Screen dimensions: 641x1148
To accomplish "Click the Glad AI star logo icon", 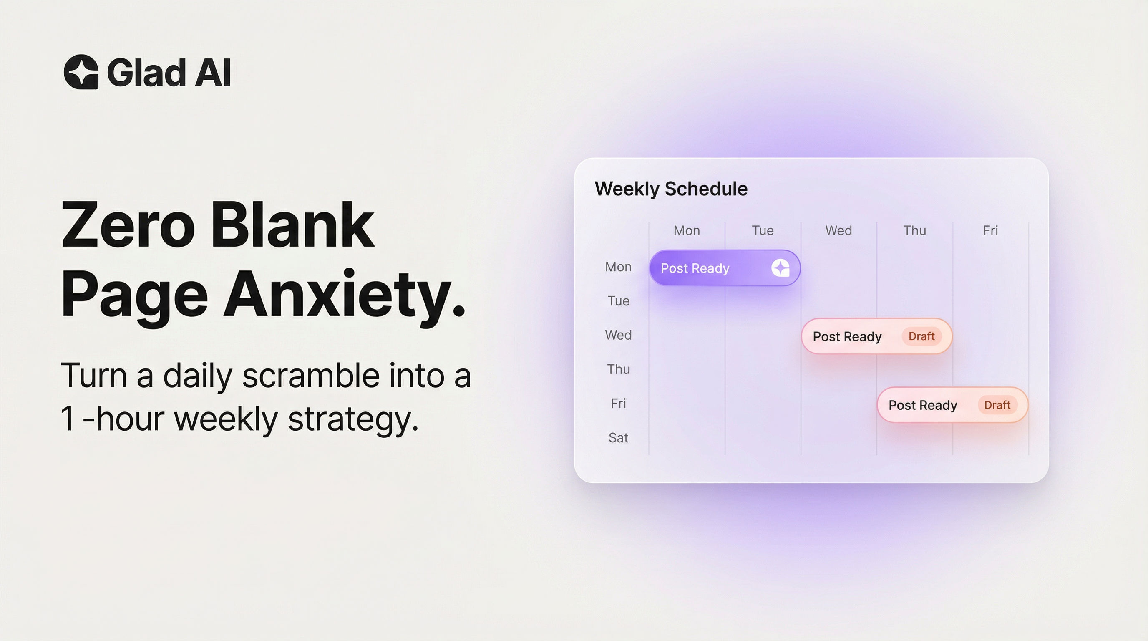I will coord(81,72).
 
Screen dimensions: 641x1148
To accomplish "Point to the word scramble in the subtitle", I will coord(311,376).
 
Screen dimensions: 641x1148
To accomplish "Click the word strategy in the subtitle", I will coord(353,419).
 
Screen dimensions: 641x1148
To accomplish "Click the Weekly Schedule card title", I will coord(671,189).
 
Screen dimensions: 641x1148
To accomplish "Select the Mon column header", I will coord(686,230).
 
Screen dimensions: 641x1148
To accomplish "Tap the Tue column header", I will coord(763,230).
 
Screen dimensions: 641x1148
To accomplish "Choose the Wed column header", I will coord(838,230).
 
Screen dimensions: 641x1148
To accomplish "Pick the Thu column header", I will coord(914,230).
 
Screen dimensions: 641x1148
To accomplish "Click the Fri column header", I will coord(990,230).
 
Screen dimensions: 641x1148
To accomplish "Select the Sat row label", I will coord(618,438).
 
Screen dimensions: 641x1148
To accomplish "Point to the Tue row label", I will coord(618,301).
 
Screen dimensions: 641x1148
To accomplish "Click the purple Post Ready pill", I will coord(713,268).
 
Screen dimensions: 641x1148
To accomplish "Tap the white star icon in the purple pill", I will coord(780,268).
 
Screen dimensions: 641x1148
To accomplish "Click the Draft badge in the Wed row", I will coord(921,336).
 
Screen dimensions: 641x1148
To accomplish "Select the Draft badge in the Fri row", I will coord(997,405).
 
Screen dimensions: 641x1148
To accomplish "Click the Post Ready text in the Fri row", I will coord(922,405).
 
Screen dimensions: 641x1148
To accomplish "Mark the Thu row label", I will coord(618,369).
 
